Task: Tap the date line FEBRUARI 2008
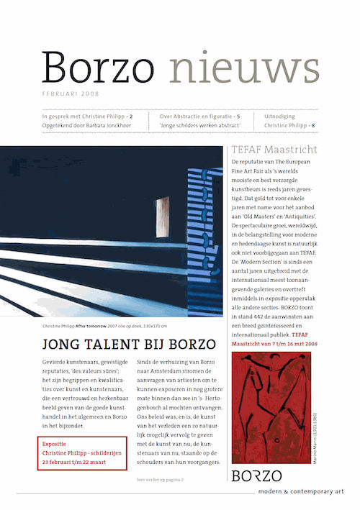click(x=71, y=94)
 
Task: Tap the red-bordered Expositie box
click(x=81, y=452)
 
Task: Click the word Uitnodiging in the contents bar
click(x=285, y=115)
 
